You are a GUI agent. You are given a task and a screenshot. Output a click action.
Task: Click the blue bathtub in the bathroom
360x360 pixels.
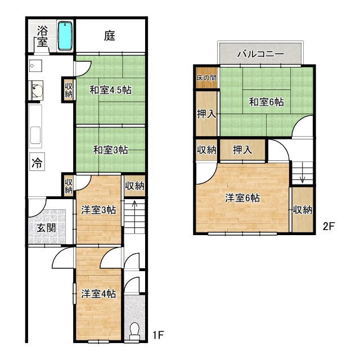[x=65, y=35]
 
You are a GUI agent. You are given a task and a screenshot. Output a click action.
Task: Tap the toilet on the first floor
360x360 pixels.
[x=134, y=330]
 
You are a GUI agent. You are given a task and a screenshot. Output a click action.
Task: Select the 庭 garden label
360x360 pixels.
[x=110, y=36]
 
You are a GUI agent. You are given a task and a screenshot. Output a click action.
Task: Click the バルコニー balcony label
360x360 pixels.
[x=260, y=54]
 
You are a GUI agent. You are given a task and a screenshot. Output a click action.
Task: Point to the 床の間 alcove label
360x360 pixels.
[x=206, y=78]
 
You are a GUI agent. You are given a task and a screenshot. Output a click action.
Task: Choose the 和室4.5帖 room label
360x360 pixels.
[x=110, y=90]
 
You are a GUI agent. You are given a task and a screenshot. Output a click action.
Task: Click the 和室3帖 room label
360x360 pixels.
[x=110, y=150]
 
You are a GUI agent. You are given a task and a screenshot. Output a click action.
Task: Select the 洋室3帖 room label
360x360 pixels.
[x=98, y=210]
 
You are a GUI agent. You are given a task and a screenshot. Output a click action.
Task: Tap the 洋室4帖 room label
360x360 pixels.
[x=98, y=294]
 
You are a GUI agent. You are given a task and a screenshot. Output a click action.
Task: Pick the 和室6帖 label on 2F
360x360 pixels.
[x=266, y=102]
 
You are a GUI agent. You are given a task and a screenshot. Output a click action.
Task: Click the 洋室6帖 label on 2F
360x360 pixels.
[x=242, y=198]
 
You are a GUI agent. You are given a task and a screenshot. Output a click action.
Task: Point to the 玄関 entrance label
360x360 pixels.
[x=46, y=228]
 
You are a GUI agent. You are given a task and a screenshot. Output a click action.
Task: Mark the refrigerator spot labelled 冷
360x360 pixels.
[x=37, y=163]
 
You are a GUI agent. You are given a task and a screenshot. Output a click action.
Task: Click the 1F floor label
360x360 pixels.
[x=158, y=335]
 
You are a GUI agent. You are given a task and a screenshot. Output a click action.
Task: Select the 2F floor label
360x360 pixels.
[x=328, y=227]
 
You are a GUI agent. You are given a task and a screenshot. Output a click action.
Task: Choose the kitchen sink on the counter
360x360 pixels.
[x=35, y=136]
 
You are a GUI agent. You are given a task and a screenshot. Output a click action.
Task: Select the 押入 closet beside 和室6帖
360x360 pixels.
[x=206, y=114]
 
